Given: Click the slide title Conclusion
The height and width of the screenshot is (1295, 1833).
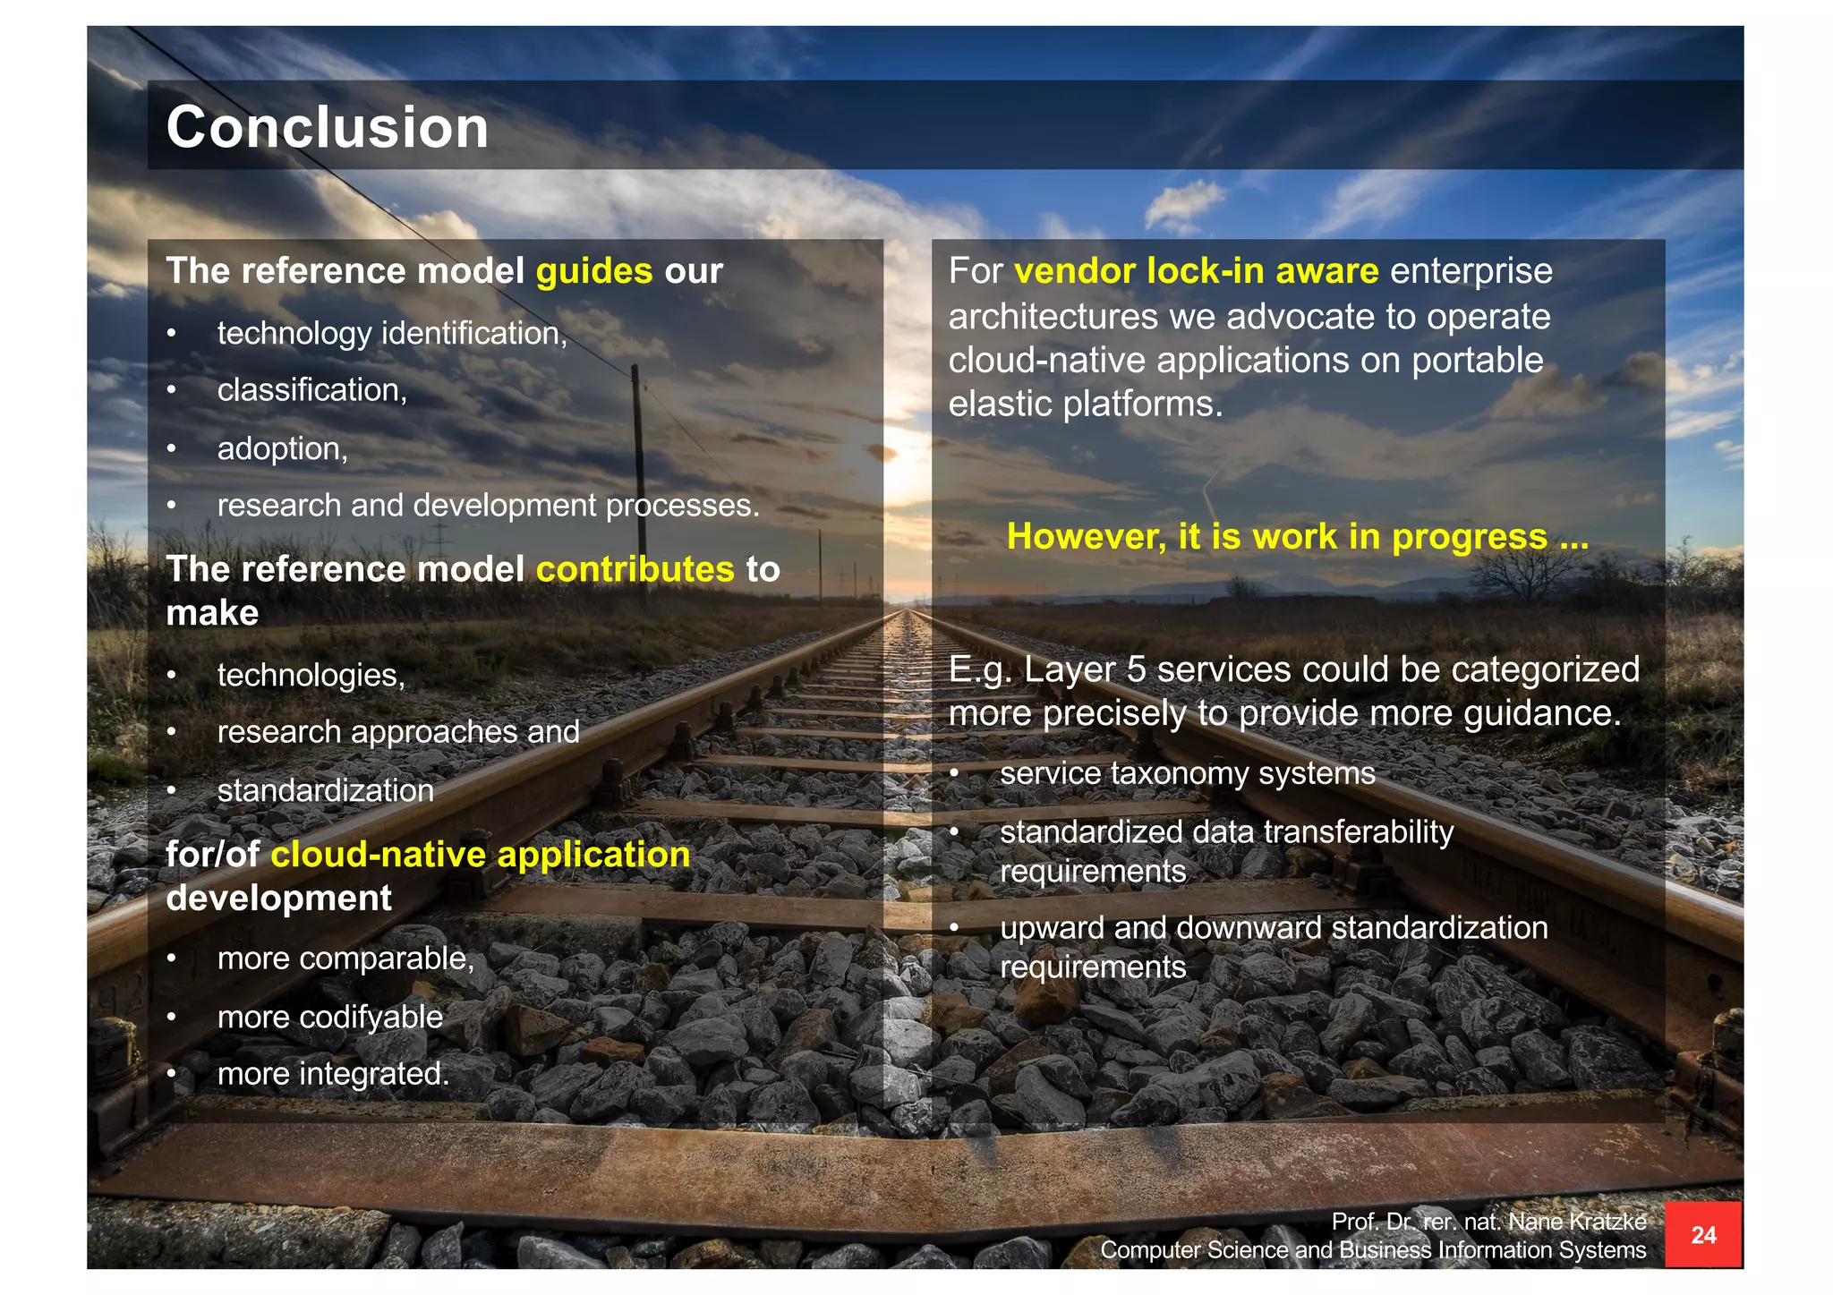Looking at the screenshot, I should tap(328, 127).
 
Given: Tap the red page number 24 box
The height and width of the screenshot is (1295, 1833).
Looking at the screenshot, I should tap(1702, 1235).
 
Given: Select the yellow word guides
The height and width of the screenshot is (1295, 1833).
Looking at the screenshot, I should tap(594, 271).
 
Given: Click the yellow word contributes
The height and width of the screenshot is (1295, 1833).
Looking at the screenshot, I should tap(635, 569).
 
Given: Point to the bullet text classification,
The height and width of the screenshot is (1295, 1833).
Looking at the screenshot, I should tap(311, 390).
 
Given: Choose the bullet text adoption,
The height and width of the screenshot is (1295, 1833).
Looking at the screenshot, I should tap(282, 448).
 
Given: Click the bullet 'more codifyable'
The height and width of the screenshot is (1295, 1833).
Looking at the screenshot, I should tap(329, 1017).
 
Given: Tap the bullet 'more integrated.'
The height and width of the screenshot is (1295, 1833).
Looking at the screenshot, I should tap(333, 1073).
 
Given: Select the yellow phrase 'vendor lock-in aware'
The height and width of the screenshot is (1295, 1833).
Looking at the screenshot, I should tap(1196, 271).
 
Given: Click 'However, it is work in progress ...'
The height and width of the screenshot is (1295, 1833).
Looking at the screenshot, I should tap(1297, 536).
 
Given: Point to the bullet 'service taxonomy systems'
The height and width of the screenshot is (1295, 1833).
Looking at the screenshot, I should tap(1187, 773).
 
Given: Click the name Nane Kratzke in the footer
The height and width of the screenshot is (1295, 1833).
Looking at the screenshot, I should tap(1577, 1222).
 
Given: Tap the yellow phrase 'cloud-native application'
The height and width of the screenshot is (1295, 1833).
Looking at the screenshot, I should tap(480, 855).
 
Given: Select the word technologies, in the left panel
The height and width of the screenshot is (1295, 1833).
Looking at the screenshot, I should tap(311, 675).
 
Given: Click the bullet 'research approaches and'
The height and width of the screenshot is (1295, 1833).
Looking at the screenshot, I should tap(398, 732).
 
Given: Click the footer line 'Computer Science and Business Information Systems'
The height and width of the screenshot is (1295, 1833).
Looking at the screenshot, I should tap(1372, 1250).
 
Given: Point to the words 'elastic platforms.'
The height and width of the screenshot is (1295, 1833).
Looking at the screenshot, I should tap(1085, 405).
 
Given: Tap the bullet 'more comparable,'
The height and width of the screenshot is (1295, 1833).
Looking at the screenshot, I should tap(345, 958).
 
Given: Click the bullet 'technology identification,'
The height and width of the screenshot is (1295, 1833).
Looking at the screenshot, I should tap(392, 334).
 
